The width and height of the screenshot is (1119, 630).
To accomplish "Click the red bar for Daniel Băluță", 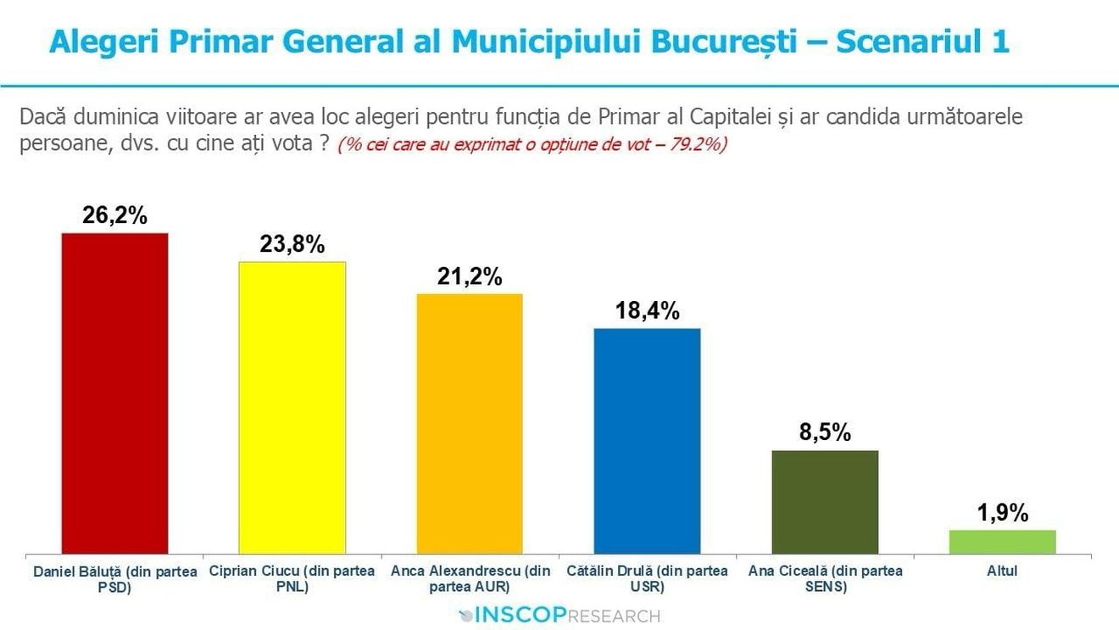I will [x=114, y=393].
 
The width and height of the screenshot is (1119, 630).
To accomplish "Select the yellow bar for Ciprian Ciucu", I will [x=292, y=408].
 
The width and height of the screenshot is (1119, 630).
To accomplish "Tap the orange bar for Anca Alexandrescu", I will [x=470, y=424].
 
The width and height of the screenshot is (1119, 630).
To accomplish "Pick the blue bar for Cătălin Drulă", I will [x=647, y=441].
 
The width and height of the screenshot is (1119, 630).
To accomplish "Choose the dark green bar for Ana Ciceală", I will [x=825, y=502].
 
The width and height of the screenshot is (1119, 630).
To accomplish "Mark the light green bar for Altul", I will [x=1002, y=542].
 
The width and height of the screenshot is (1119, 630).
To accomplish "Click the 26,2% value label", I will [x=114, y=215].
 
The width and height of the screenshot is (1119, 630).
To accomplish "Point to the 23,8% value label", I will [x=292, y=245].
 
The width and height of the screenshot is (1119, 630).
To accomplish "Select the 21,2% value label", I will [x=470, y=276].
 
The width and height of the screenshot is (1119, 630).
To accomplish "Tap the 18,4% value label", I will [x=647, y=311].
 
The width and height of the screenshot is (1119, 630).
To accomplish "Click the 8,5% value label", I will [x=825, y=433].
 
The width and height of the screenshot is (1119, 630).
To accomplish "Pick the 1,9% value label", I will [x=1002, y=513].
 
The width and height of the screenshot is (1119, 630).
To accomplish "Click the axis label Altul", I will [x=1002, y=571].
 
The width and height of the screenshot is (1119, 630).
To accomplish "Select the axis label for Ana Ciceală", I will [x=825, y=578].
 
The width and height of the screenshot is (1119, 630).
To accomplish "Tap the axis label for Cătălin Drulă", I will [x=647, y=578].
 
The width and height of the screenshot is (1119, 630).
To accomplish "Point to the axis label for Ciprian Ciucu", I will [x=292, y=578].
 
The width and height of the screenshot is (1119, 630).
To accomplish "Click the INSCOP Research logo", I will [x=559, y=615].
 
